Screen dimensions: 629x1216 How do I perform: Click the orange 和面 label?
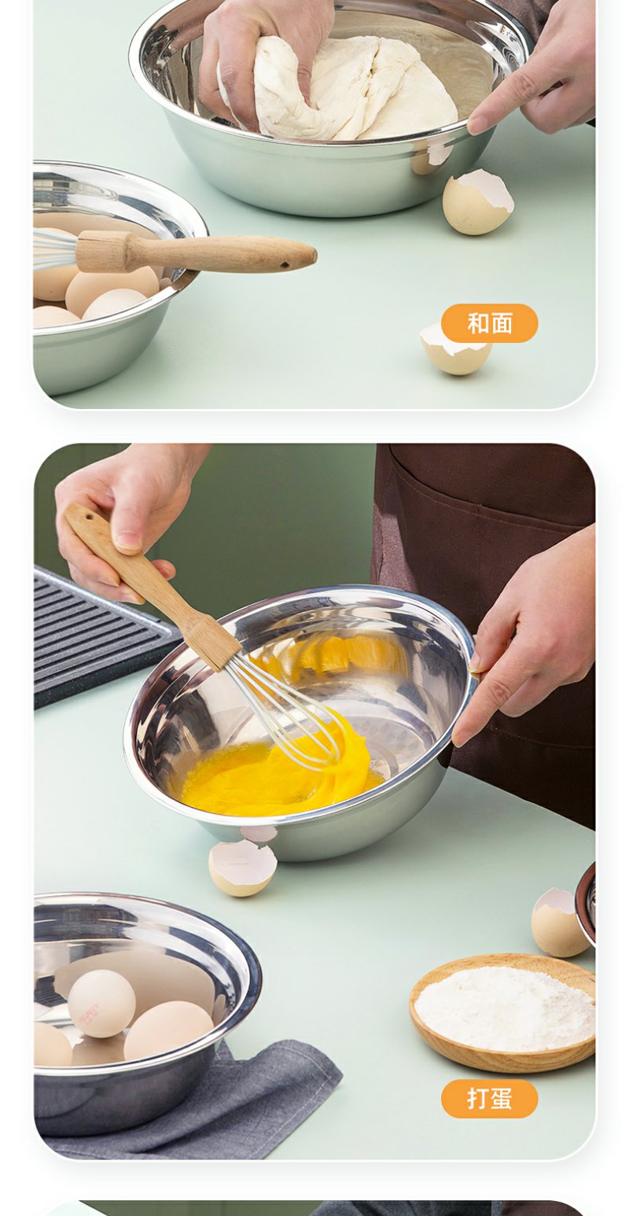(x=489, y=323)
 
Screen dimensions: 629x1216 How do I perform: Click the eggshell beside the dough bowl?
(x=477, y=201)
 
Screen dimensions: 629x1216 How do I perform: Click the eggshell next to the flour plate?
(x=559, y=923)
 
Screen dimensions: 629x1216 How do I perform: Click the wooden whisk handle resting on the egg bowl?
(x=195, y=252)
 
